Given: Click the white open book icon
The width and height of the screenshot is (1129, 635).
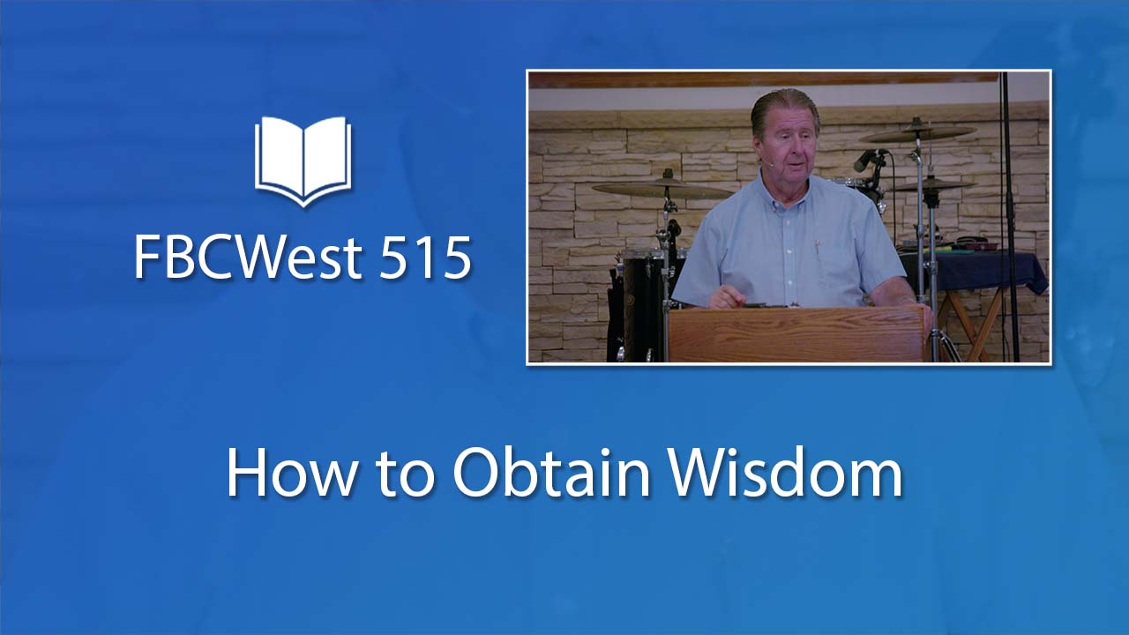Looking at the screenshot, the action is [x=303, y=161].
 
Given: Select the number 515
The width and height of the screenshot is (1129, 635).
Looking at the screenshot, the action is [x=425, y=258].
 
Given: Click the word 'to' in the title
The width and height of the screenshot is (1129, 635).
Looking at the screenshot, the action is [x=404, y=476].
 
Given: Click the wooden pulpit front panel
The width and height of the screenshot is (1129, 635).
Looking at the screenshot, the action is [x=796, y=334].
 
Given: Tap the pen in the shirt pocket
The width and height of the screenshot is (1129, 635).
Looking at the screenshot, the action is [x=817, y=246].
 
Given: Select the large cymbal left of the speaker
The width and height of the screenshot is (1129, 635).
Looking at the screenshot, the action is [x=662, y=189].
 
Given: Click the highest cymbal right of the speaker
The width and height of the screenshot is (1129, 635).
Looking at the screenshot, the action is [x=917, y=132].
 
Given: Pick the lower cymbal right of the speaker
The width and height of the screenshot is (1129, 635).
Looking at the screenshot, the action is [x=931, y=185].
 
